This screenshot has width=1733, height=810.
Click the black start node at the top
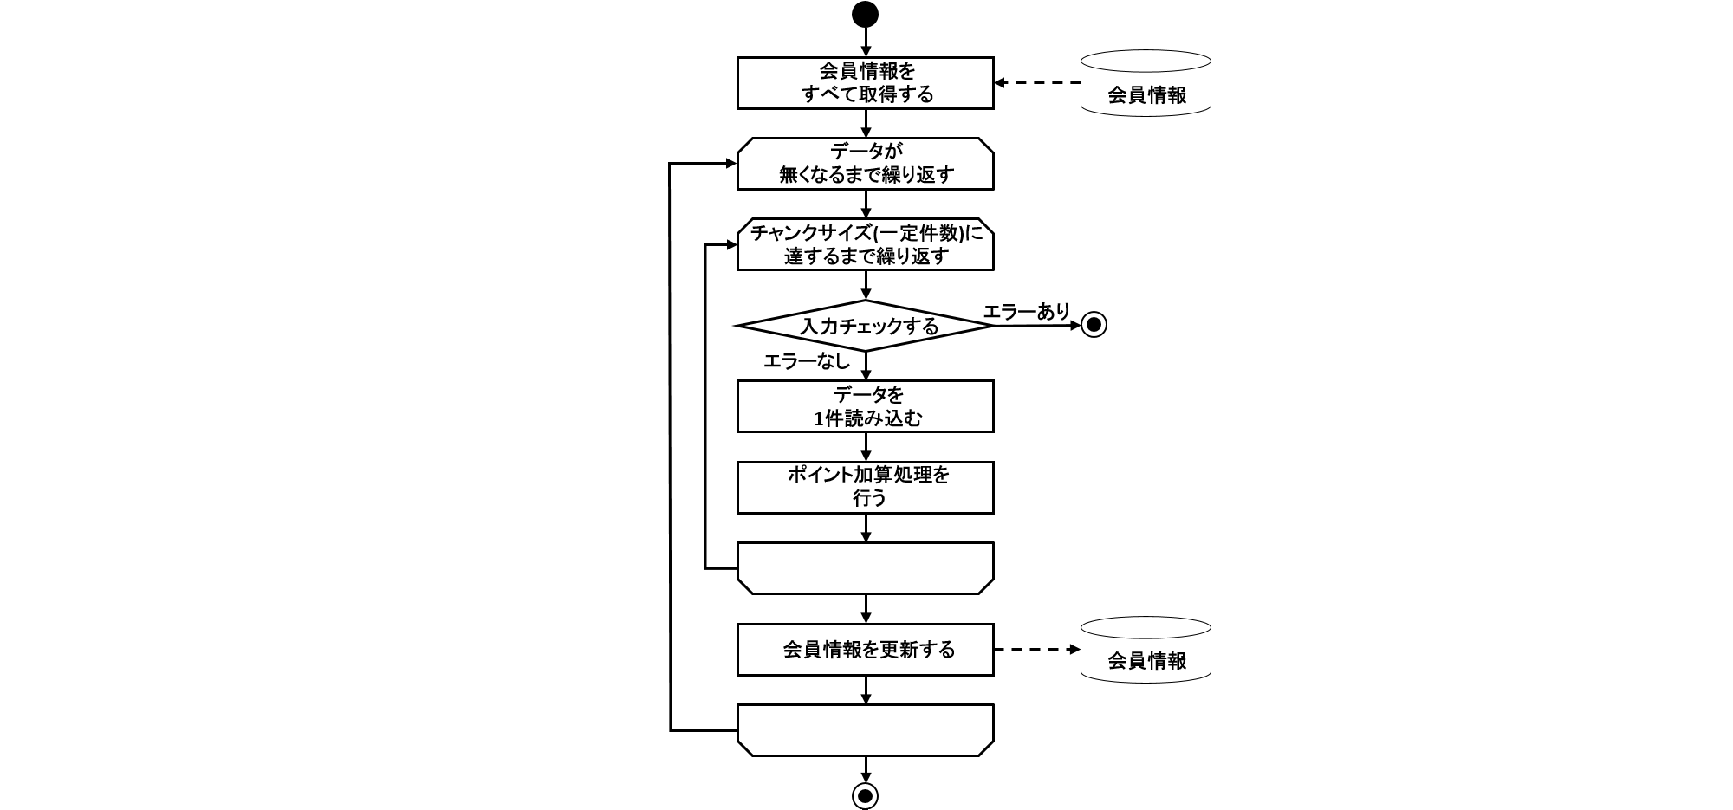[x=865, y=15]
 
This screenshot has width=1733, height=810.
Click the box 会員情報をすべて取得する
[x=865, y=83]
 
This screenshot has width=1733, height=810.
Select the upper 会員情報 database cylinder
[x=1146, y=83]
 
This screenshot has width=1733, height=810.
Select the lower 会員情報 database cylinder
[x=1146, y=650]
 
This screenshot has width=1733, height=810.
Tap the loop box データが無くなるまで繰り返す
[x=865, y=164]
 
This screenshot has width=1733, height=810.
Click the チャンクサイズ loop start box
[x=865, y=244]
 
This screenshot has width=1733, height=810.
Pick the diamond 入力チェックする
[x=865, y=326]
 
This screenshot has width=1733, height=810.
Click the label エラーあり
[x=1027, y=311]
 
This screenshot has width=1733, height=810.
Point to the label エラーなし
[x=806, y=361]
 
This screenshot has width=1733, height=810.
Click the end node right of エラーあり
[x=1094, y=325]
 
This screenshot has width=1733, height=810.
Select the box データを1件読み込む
[x=865, y=406]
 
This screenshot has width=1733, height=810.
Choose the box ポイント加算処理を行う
[x=865, y=487]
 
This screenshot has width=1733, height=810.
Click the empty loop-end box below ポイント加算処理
[x=865, y=568]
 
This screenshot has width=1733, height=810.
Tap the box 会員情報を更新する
[x=865, y=650]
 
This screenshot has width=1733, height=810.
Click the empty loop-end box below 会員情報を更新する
[x=865, y=730]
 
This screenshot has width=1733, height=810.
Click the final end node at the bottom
[x=865, y=795]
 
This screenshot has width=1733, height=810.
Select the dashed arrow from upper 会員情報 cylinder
[x=1038, y=83]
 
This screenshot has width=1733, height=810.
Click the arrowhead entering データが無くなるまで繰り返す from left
[x=730, y=164]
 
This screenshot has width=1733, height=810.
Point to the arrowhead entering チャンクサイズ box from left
[x=730, y=245]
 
